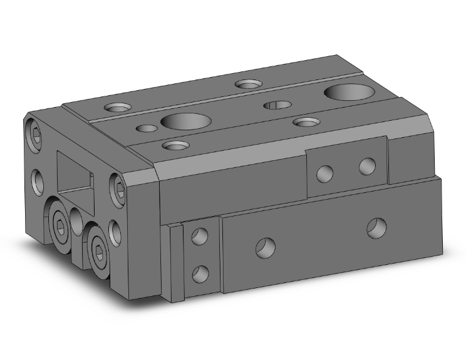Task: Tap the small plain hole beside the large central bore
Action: click(x=147, y=128)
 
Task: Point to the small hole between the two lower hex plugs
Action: click(x=76, y=220)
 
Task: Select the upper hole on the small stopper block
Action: click(x=200, y=237)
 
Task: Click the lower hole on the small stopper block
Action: click(x=200, y=273)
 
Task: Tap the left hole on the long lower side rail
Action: click(x=264, y=247)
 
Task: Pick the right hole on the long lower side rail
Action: click(x=376, y=228)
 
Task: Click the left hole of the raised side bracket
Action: click(x=326, y=173)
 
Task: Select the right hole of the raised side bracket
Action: click(x=367, y=166)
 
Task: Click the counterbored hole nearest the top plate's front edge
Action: click(x=175, y=146)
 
